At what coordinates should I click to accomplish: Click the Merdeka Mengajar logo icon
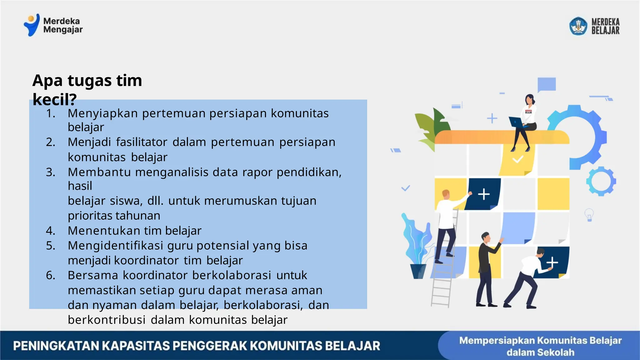click(x=32, y=25)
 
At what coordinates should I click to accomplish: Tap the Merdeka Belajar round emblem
click(x=578, y=26)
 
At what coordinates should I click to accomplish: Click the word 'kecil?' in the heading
click(x=54, y=100)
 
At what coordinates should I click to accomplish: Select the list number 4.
click(x=50, y=231)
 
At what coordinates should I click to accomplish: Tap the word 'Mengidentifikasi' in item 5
click(x=115, y=246)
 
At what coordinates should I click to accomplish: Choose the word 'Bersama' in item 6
click(x=93, y=275)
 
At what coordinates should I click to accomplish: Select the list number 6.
click(x=50, y=275)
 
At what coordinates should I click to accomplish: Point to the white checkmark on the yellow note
click(x=517, y=160)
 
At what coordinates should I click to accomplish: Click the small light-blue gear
click(x=601, y=181)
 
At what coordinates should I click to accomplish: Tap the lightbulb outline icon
click(x=589, y=215)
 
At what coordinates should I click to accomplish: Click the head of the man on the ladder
click(x=446, y=194)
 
